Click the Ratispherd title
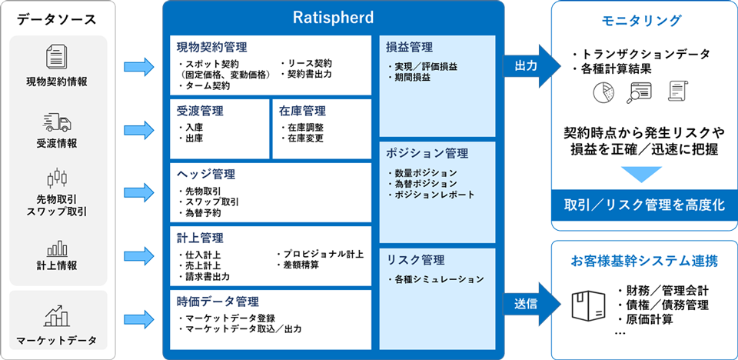333,18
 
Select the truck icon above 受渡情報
57,122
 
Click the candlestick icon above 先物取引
57,178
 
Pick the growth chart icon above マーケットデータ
57,315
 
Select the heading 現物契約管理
212,47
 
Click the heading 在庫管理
302,112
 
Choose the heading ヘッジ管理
206,175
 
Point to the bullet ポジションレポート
431,195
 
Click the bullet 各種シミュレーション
437,279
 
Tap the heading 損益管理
409,47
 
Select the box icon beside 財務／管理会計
588,305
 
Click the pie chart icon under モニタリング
602,92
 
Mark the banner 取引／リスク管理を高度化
645,205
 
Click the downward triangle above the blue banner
644,173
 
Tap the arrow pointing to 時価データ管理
139,318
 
